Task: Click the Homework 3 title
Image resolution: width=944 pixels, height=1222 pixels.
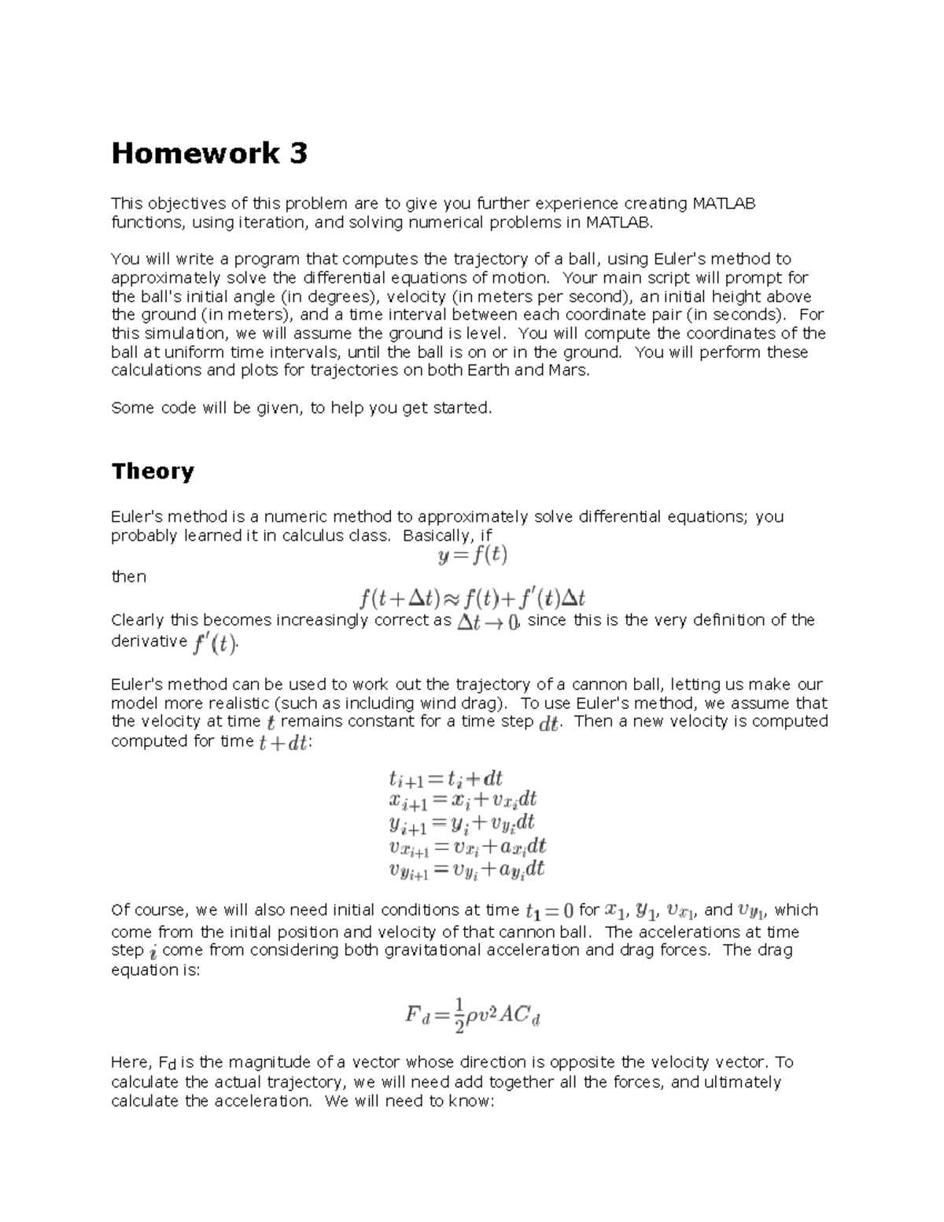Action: pos(208,153)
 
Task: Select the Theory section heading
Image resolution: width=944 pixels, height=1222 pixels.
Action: pos(153,471)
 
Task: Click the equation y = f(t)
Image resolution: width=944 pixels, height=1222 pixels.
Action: pos(472,556)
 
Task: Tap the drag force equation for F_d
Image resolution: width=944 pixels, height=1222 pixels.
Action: pos(472,1016)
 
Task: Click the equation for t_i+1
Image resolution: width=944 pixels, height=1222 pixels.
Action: pos(446,779)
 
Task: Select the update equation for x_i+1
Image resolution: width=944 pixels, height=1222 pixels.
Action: pos(463,801)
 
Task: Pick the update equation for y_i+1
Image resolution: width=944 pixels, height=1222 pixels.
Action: pos(462,824)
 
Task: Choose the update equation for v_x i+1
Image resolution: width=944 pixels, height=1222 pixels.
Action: pos(467,847)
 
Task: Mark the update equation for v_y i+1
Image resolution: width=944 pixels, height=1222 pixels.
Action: pos(466,869)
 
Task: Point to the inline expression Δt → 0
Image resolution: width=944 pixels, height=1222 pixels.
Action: pos(489,622)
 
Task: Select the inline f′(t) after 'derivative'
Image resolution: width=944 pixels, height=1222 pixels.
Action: pos(214,644)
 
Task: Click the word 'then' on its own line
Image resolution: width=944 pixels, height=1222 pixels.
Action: pos(128,577)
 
